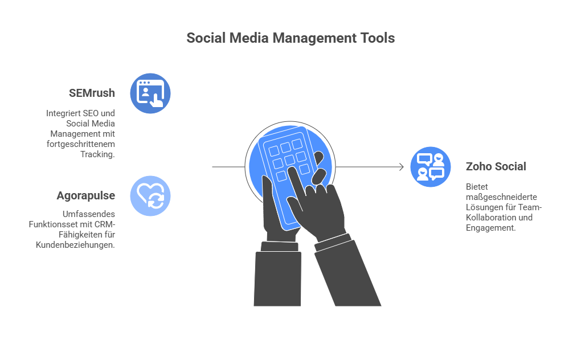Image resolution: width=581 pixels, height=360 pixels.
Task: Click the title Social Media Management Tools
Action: click(290, 39)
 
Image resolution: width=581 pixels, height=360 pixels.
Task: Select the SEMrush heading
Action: click(91, 93)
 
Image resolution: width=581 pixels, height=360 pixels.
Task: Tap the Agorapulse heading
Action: click(86, 196)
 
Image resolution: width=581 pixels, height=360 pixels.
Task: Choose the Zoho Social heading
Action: click(496, 166)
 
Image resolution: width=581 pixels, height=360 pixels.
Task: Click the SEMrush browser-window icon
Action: click(150, 93)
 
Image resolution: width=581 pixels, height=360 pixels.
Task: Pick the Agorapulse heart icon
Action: click(150, 196)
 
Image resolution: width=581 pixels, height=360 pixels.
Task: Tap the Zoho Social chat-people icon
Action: click(431, 166)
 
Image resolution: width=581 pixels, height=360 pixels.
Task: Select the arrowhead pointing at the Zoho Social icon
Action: click(401, 167)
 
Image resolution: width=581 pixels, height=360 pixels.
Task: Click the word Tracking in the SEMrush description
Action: click(97, 154)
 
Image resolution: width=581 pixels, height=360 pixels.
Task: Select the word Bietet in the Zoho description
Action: click(477, 186)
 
